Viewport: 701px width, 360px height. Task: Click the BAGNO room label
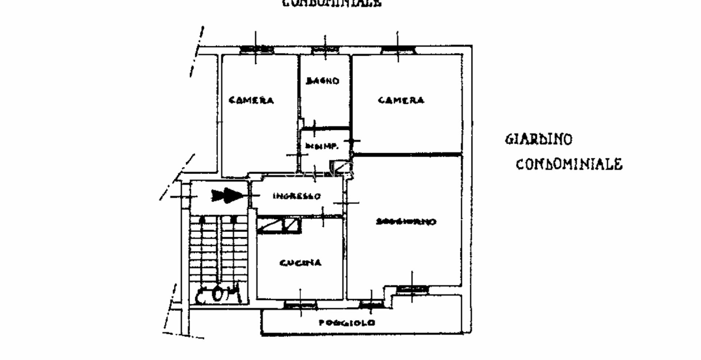pos(323,81)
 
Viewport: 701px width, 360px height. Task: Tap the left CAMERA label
pos(251,100)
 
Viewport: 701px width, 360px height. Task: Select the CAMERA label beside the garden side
pos(401,100)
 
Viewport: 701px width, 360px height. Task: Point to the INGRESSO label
pos(297,196)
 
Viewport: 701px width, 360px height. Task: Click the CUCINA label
pos(300,263)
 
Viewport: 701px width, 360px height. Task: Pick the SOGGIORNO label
pos(406,222)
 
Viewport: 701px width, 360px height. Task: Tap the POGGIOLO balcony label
pos(347,323)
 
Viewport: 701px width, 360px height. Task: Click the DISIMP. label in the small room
pos(322,146)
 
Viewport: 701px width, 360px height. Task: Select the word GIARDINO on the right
pos(539,139)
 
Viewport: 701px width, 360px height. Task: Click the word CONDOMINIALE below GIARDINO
pos(569,164)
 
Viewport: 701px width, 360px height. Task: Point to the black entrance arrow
pos(227,196)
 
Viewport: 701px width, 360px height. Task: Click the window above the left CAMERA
pos(256,49)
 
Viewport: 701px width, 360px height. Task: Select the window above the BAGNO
pos(325,49)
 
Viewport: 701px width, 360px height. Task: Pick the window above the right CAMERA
pos(398,49)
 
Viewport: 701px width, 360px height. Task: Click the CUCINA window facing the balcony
pos(300,304)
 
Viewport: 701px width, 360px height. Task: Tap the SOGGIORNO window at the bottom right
pos(412,289)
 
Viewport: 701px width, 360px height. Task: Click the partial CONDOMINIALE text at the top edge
pos(332,3)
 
